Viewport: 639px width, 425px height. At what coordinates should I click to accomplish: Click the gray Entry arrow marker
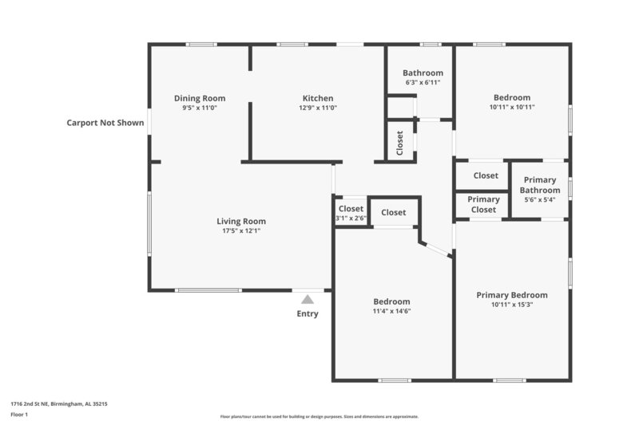(x=308, y=299)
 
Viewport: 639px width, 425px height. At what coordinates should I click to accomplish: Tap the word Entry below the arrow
(x=308, y=314)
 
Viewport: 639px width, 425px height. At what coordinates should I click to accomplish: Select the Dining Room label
(x=200, y=98)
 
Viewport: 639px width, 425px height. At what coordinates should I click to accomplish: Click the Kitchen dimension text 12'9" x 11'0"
(x=318, y=108)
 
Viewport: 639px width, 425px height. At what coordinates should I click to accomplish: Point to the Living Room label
(x=241, y=221)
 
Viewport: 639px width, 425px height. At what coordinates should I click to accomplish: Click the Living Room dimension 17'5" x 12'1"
(x=241, y=231)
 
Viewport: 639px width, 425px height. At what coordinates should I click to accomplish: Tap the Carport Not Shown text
(x=105, y=123)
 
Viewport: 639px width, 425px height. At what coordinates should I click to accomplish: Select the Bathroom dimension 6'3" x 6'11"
(x=423, y=82)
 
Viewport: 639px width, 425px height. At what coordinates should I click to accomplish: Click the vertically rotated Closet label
(x=400, y=143)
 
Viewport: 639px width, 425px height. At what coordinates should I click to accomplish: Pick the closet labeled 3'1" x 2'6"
(x=351, y=218)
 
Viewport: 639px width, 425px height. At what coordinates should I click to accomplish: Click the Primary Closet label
(x=483, y=204)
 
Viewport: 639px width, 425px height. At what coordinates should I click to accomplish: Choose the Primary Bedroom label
(x=512, y=294)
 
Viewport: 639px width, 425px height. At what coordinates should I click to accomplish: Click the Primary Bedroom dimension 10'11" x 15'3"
(x=512, y=304)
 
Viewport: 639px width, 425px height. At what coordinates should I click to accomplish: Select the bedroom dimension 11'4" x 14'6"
(x=392, y=311)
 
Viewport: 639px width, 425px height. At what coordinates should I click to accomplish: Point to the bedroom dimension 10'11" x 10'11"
(x=512, y=107)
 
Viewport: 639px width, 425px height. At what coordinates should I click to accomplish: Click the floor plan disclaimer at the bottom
(x=319, y=416)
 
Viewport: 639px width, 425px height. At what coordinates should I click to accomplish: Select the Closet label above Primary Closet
(x=486, y=175)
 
